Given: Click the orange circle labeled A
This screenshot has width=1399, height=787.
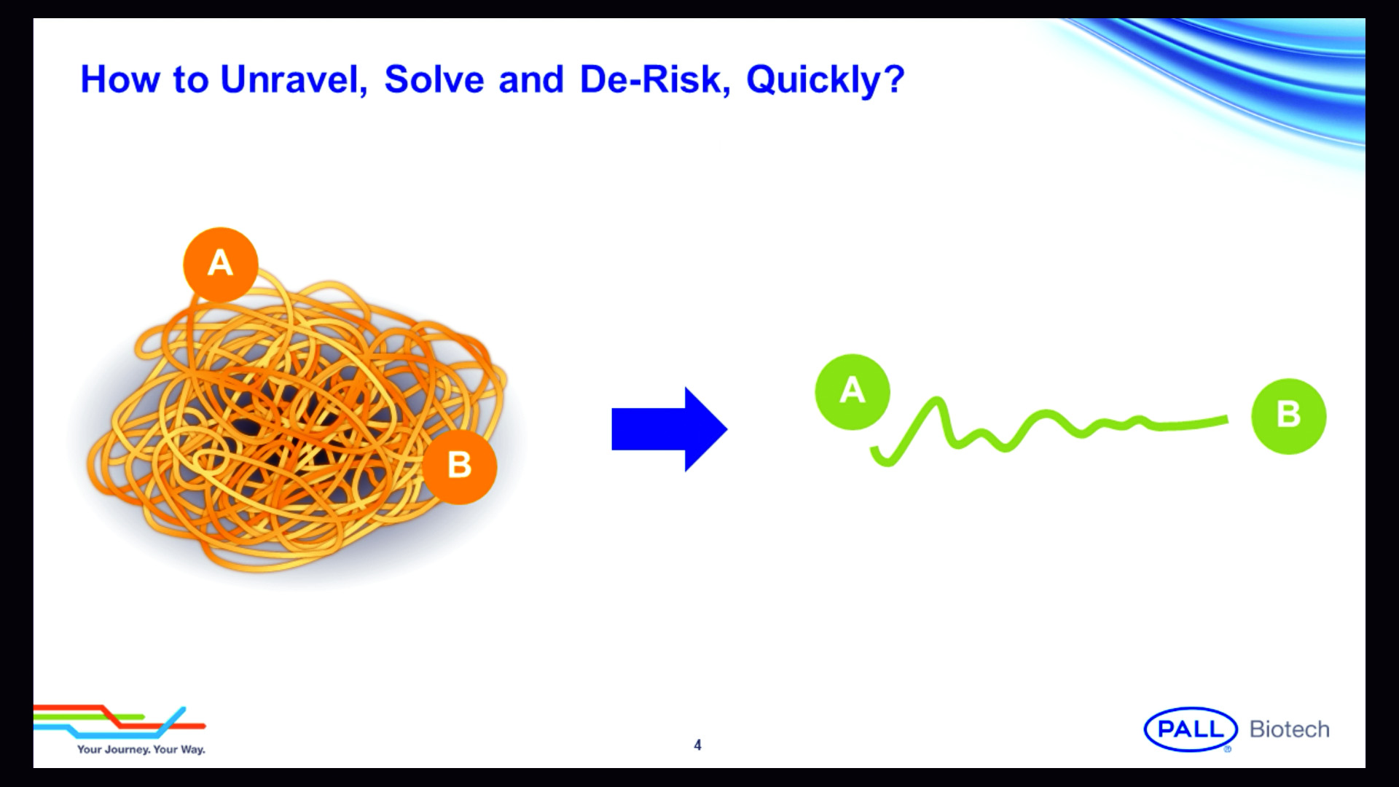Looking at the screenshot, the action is click(x=221, y=265).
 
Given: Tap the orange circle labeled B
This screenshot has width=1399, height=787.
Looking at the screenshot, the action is click(x=460, y=466).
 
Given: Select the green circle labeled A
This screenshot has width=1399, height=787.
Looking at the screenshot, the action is click(x=853, y=392).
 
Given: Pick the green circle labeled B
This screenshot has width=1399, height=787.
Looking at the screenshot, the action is click(x=1289, y=416).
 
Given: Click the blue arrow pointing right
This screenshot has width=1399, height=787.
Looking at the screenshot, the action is click(x=669, y=429).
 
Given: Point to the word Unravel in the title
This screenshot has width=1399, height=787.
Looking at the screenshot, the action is click(x=294, y=79).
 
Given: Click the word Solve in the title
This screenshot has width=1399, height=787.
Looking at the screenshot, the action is click(x=434, y=79).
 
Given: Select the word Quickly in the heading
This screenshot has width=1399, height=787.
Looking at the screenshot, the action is click(x=815, y=81).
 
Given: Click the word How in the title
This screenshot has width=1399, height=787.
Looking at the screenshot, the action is click(x=119, y=79).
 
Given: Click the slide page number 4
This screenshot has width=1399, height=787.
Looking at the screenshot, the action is click(x=697, y=745).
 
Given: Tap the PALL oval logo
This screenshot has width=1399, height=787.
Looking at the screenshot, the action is click(x=1191, y=729).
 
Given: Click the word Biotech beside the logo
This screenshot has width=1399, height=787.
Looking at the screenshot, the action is click(x=1290, y=729).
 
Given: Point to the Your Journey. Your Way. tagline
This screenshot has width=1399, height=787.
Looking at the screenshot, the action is click(x=141, y=749).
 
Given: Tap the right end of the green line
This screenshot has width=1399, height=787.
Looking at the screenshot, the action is click(x=1226, y=419).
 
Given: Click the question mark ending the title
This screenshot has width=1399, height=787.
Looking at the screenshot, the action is click(x=895, y=79).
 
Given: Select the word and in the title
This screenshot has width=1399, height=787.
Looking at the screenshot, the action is click(x=531, y=79).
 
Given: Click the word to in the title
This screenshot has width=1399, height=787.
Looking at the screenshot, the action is click(x=190, y=80).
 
